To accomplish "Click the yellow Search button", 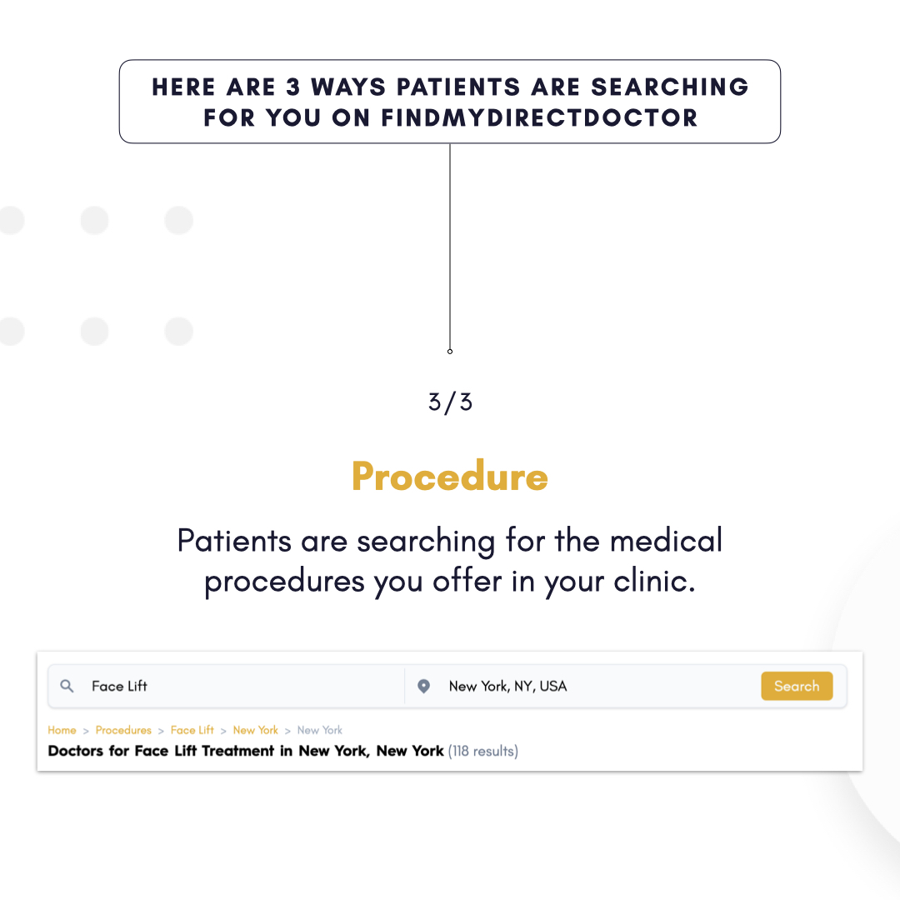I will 796,686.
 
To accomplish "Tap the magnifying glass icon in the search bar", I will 67,686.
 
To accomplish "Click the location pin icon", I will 423,686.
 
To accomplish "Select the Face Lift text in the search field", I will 119,686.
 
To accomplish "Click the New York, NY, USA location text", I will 507,686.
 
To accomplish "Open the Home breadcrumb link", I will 62,730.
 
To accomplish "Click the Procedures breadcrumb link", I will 123,730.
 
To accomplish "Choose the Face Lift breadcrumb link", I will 192,730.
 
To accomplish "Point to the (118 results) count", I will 482,751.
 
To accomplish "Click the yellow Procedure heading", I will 449,477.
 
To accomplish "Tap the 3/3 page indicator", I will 450,402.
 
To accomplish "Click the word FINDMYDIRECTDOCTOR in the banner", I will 539,117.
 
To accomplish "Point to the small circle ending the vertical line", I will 450,351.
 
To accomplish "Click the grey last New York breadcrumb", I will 319,730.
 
